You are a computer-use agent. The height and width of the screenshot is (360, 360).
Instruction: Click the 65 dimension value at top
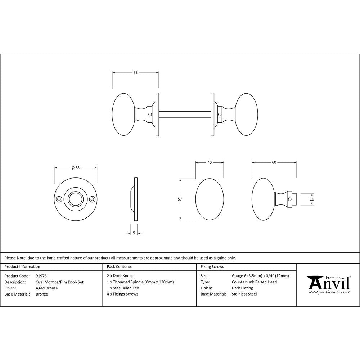pos(135,73)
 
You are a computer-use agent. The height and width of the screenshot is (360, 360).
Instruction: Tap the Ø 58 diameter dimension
pos(75,168)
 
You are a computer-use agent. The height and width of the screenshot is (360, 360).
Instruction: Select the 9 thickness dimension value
pos(134,233)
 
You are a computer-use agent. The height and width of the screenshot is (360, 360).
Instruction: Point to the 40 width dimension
pos(210,163)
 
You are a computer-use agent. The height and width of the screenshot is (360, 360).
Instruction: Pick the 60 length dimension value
pos(274,163)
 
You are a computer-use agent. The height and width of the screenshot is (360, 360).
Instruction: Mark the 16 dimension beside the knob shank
pos(312,199)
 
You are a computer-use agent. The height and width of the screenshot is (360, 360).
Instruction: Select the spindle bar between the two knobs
pos(184,114)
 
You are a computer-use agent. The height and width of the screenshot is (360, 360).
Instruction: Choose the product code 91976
pos(41,276)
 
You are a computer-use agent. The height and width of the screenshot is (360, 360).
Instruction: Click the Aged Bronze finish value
pos(46,288)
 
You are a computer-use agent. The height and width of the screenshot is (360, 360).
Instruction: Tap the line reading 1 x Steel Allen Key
pos(123,288)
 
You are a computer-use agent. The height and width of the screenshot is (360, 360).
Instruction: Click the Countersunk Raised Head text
pos(254,282)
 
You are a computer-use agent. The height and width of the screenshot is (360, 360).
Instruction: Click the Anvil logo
pos(328,284)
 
